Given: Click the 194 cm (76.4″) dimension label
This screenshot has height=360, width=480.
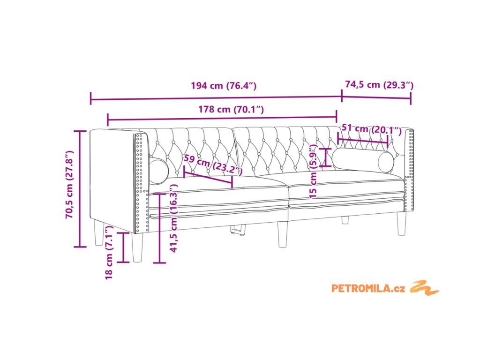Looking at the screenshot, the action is coord(224,85).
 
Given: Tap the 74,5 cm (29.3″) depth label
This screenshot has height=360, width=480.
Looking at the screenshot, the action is coord(379,84).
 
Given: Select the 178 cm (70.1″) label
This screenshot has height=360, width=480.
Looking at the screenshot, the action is coord(231,109).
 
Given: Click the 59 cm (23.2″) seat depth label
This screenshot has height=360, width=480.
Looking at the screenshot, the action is coord(213,165).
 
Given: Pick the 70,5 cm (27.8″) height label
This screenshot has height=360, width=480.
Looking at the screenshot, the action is coord(70,184).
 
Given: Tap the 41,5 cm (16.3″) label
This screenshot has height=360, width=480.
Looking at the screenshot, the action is coord(173,218).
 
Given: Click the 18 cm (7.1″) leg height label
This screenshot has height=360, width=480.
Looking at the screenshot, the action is coord(109,253).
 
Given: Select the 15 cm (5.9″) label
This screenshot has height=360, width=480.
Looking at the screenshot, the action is coord(313,172).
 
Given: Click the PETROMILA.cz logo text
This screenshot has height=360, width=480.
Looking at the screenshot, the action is coord(368,288).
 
